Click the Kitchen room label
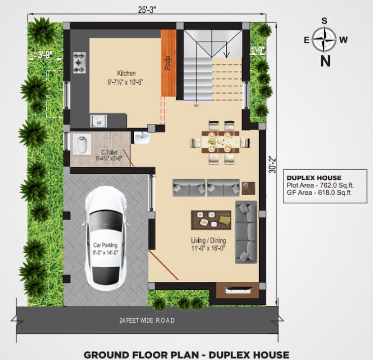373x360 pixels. pyautogui.click(x=126, y=73)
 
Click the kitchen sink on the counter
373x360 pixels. pyautogui.click(x=98, y=120)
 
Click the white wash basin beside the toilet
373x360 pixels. pyautogui.click(x=142, y=137)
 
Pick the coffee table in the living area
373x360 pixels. pyautogui.click(x=211, y=219)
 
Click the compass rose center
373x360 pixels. pyautogui.click(x=325, y=40)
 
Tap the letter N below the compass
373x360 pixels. pyautogui.click(x=325, y=61)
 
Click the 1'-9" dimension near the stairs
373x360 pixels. pyautogui.click(x=257, y=50)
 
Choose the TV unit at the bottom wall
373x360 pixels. pyautogui.click(x=237, y=289)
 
